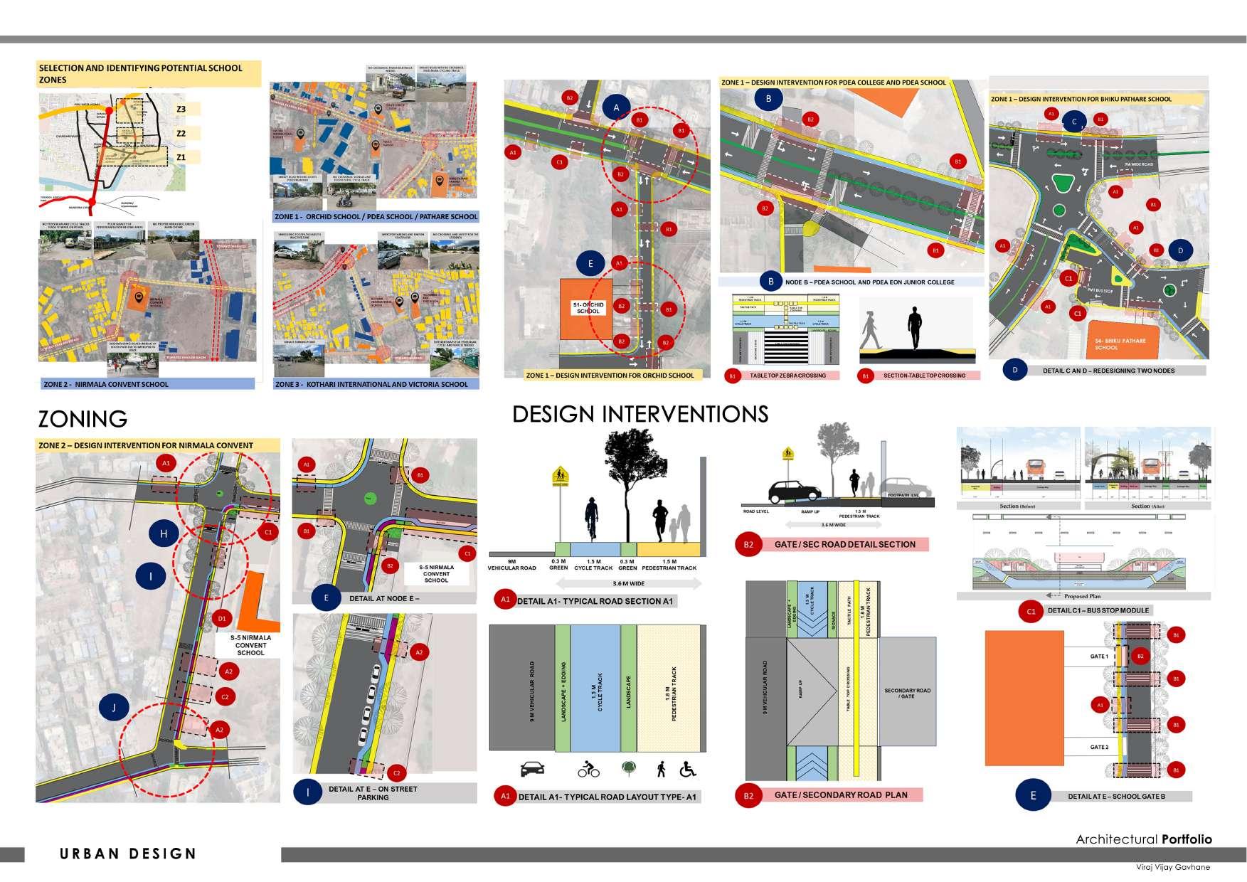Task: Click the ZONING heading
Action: pyautogui.click(x=83, y=419)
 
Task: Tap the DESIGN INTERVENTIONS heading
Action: pyautogui.click(x=640, y=414)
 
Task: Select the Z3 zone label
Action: pyautogui.click(x=181, y=109)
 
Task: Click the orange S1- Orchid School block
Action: pyautogui.click(x=586, y=309)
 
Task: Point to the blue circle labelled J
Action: pyautogui.click(x=114, y=707)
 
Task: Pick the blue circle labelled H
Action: pyautogui.click(x=164, y=533)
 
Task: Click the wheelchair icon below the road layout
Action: pyautogui.click(x=688, y=769)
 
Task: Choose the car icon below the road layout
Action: pyautogui.click(x=533, y=769)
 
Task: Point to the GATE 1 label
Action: pyautogui.click(x=1098, y=657)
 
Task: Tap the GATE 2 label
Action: pyautogui.click(x=1098, y=748)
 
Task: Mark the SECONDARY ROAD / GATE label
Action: pyautogui.click(x=907, y=693)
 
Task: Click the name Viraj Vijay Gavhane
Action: pyautogui.click(x=1173, y=867)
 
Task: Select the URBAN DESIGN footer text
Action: pyautogui.click(x=128, y=854)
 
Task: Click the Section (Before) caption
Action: pyautogui.click(x=1018, y=506)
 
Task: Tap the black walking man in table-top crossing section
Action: pyautogui.click(x=914, y=328)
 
